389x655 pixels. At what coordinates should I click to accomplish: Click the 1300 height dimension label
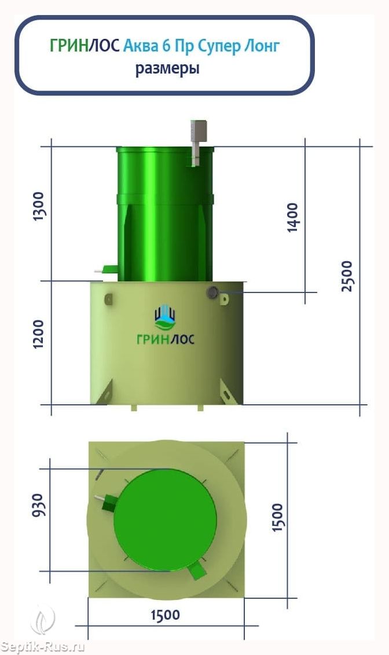[39, 206]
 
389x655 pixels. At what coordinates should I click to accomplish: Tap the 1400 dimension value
[293, 217]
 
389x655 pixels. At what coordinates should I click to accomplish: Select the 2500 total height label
[347, 276]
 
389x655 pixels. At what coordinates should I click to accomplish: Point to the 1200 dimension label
[39, 334]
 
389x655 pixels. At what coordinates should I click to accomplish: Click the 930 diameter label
[38, 505]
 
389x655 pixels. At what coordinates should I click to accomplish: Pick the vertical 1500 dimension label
[277, 518]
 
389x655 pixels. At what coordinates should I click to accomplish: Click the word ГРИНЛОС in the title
[85, 46]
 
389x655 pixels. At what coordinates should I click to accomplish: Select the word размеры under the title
[167, 68]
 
